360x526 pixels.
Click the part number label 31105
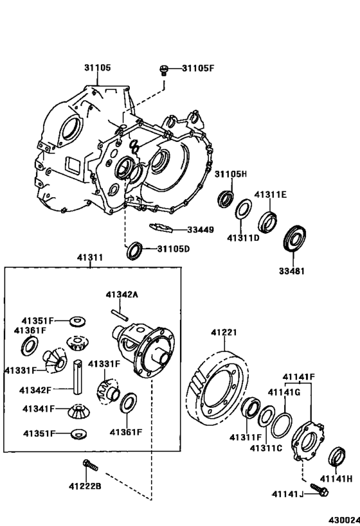(97, 67)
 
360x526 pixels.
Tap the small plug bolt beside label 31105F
(164, 69)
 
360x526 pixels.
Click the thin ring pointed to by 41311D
(244, 210)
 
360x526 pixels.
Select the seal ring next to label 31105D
(134, 249)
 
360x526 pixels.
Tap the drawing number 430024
(343, 519)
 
